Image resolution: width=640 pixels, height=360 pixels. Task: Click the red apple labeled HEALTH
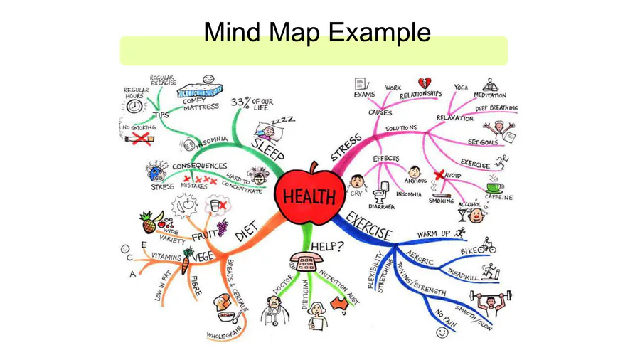click(309, 196)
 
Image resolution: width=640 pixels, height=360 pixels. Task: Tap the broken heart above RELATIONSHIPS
click(425, 83)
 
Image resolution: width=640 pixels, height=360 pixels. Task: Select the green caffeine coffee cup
click(494, 186)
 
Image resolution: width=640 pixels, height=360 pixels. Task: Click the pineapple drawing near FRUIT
click(149, 223)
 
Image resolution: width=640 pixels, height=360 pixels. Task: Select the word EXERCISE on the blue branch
click(369, 226)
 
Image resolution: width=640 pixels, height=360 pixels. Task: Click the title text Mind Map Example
click(316, 32)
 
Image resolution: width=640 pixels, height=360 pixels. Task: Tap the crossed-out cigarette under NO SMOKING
click(140, 138)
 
